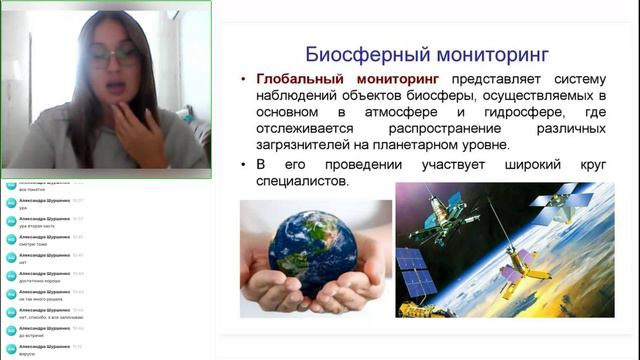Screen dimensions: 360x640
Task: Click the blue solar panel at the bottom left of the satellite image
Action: pos(411,272)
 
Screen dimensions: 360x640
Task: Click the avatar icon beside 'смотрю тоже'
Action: pos(11,239)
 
